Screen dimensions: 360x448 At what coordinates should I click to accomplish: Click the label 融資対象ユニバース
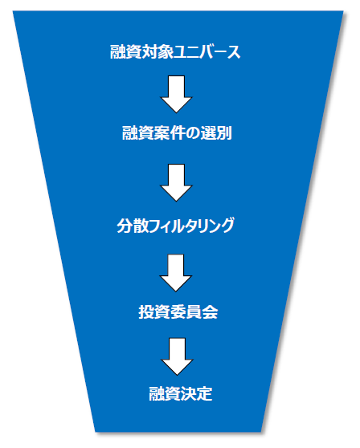175,51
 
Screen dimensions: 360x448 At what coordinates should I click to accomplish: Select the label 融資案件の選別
177,132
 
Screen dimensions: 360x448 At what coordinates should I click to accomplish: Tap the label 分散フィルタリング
175,226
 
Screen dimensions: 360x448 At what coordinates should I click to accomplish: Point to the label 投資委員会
178,312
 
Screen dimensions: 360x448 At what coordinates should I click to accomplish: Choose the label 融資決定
181,393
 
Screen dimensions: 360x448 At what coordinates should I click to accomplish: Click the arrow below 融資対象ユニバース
176,94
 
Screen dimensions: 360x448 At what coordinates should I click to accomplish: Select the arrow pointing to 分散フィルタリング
176,182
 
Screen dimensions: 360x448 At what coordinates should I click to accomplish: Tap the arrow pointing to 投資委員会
175,273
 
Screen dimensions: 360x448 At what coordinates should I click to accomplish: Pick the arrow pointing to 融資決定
177,356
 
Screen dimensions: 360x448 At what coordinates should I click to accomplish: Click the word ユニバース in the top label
207,51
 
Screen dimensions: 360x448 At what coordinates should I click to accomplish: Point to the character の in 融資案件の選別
192,133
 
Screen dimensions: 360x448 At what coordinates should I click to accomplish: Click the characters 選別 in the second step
216,132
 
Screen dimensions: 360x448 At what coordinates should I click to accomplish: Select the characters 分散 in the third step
133,226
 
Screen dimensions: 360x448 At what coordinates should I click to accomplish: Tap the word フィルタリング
191,226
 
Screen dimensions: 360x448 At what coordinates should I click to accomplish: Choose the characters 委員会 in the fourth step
194,312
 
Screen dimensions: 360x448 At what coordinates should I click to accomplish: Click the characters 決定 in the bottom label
196,393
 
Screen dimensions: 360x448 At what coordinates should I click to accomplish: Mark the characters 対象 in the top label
157,51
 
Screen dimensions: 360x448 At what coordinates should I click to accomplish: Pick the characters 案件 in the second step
170,132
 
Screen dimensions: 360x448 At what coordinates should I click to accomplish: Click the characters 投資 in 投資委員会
154,312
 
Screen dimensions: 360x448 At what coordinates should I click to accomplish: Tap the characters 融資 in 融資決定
165,393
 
